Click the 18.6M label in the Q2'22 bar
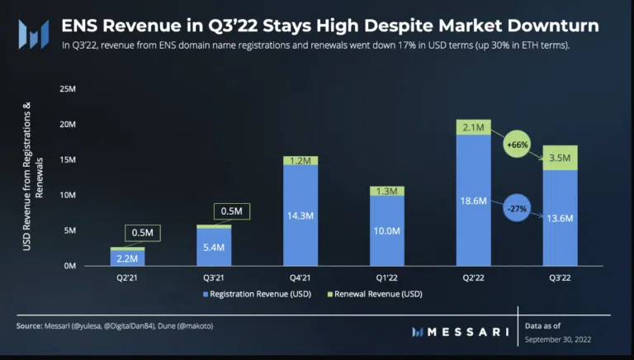tap(473, 201)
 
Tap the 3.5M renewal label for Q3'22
tap(560, 157)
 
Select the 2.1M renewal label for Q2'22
tap(473, 127)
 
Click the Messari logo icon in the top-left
tap(33, 34)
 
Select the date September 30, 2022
tap(558, 339)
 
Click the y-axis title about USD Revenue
tap(31, 177)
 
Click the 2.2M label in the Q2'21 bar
tap(128, 258)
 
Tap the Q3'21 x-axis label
tap(215, 277)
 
